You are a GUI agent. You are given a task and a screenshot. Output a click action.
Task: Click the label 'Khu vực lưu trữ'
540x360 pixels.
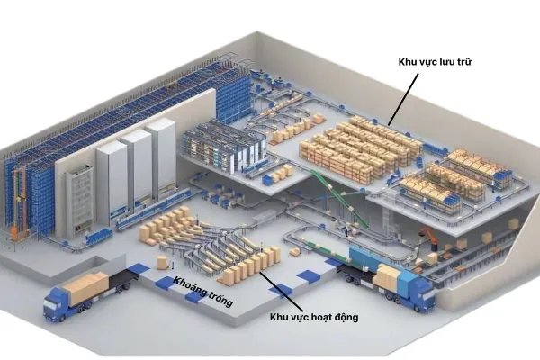tap(435, 62)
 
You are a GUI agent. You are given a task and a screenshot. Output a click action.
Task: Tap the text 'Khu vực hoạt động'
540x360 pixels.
tap(313, 319)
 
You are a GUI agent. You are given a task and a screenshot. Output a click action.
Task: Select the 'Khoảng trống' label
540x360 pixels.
tap(203, 292)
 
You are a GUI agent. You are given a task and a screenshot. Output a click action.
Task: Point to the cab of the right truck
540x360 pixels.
tap(419, 291)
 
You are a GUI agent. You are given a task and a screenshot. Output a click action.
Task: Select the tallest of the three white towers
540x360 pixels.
tap(163, 157)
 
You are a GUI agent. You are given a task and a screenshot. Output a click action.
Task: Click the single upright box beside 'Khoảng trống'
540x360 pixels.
tap(163, 264)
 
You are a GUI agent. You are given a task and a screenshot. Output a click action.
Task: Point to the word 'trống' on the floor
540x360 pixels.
tap(217, 299)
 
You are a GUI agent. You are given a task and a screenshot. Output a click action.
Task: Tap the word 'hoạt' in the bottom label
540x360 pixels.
tap(321, 319)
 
